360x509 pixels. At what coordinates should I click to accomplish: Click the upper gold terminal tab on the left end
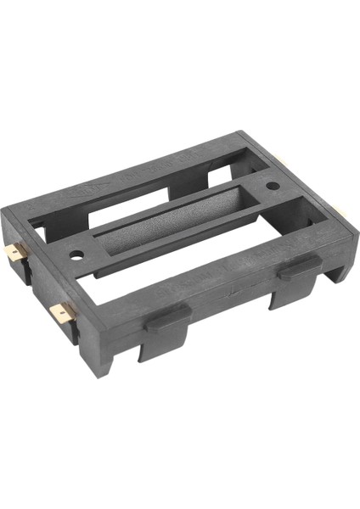[x=21, y=252]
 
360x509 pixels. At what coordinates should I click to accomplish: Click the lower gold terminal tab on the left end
[x=61, y=314]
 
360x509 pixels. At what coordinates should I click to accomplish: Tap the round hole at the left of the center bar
[x=77, y=252]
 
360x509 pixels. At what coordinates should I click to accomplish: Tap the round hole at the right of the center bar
[x=273, y=186]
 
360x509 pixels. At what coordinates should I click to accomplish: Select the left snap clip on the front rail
[x=166, y=320]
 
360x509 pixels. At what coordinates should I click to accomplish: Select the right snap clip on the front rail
[x=299, y=267]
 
